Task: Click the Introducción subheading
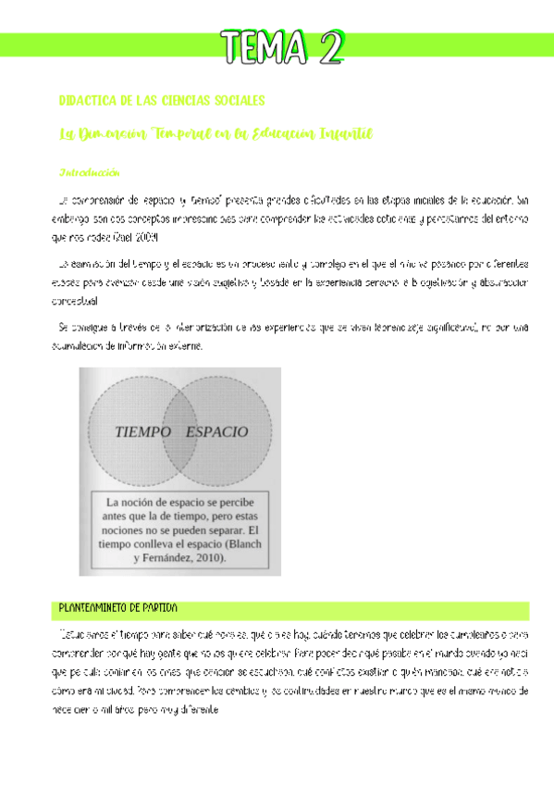(89, 173)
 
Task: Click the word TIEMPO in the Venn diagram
(144, 431)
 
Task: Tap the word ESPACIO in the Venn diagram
(217, 431)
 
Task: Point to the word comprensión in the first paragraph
(105, 199)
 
